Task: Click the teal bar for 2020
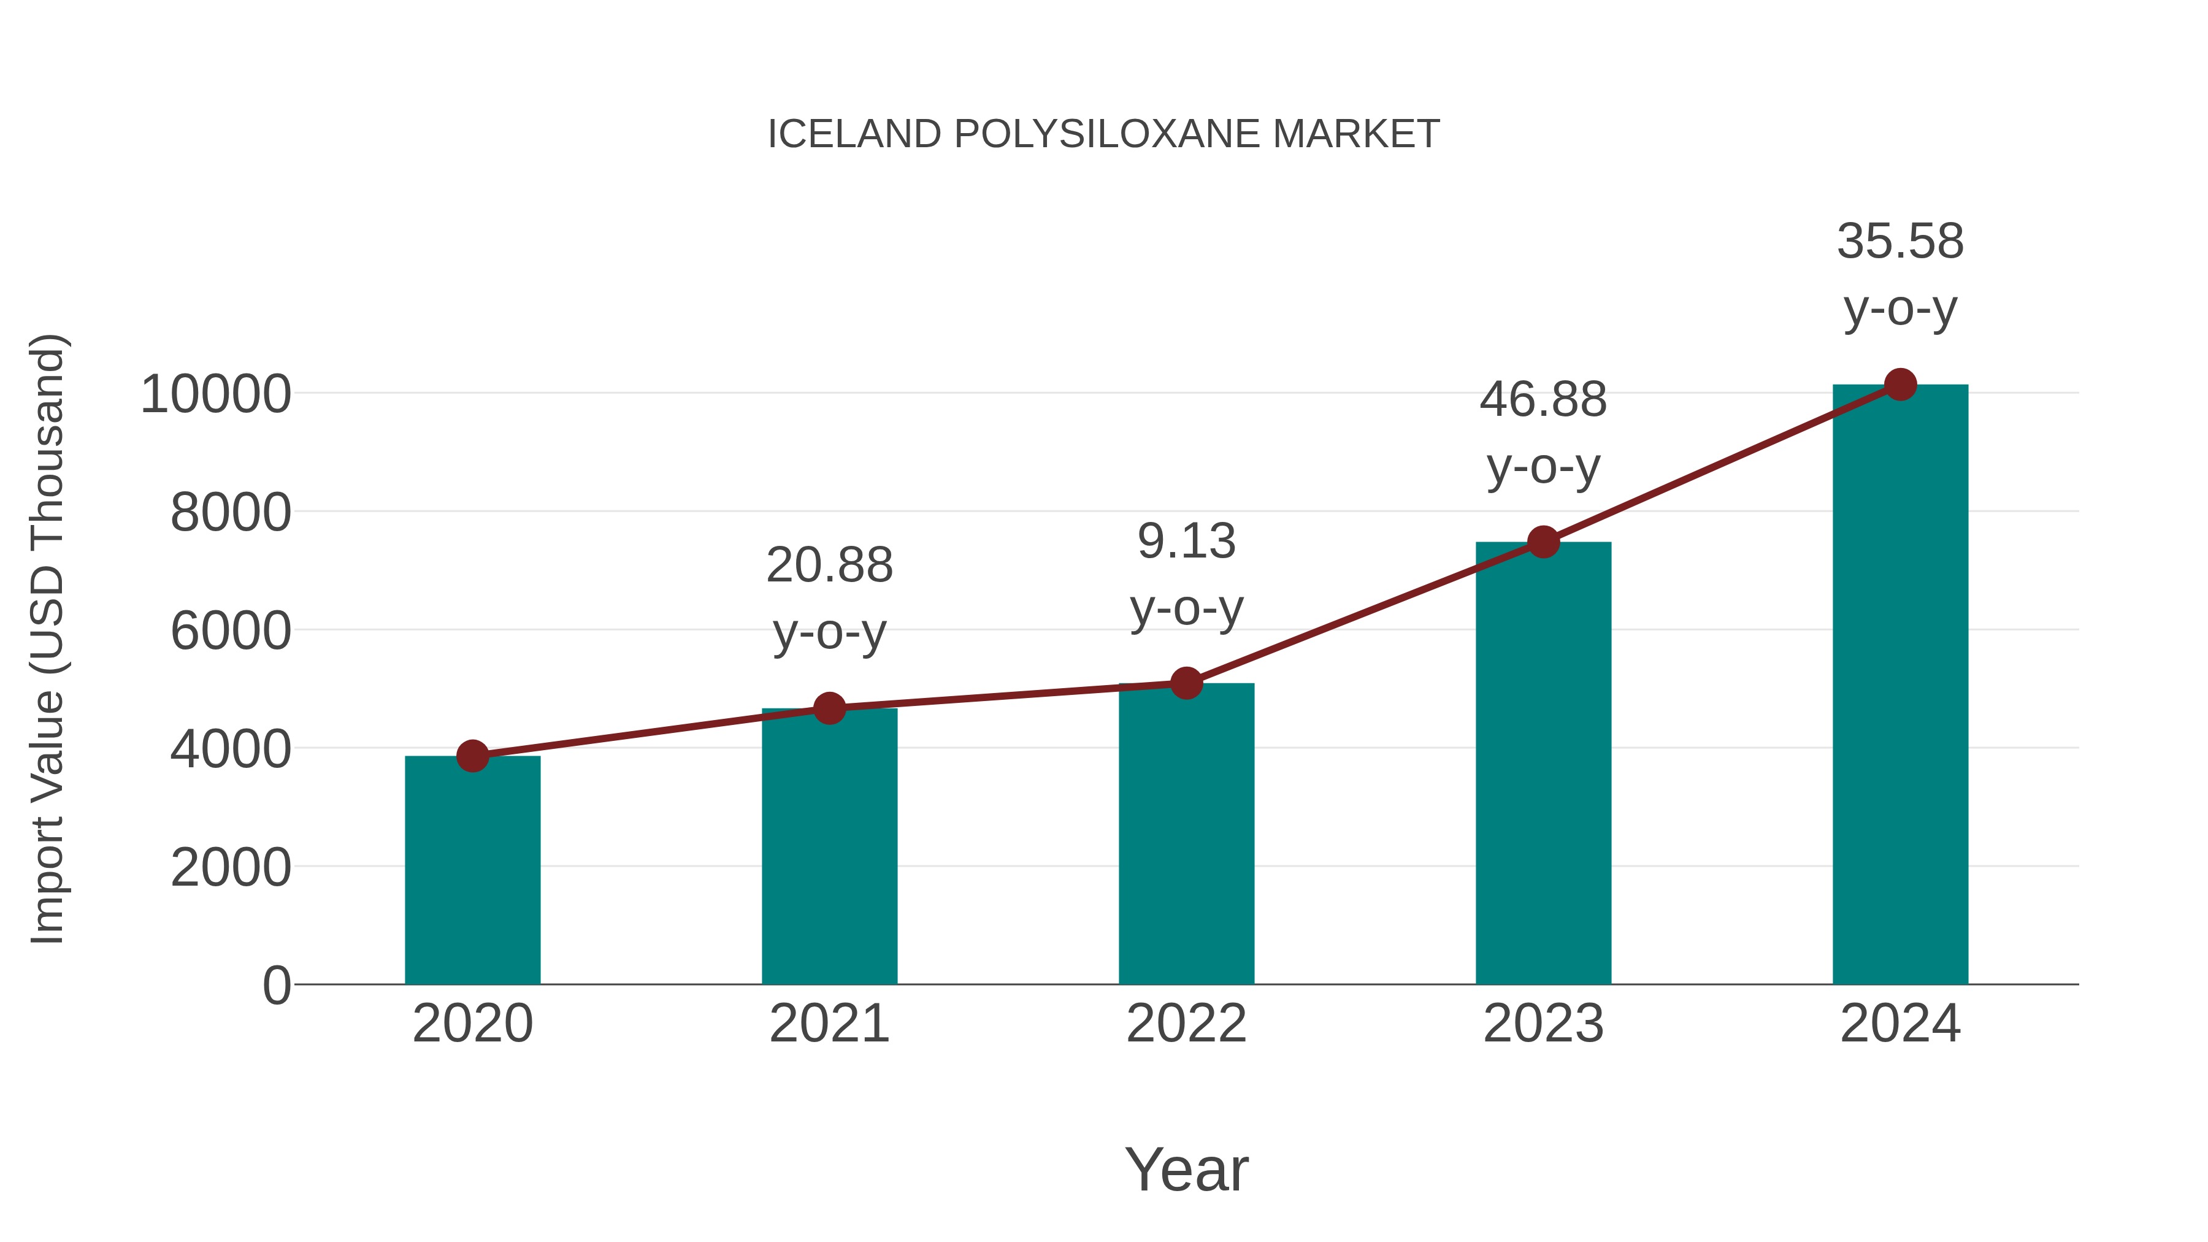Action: click(x=472, y=870)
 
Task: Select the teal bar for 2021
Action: click(x=829, y=846)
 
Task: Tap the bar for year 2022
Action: click(x=1186, y=833)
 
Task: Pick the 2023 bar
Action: click(x=1543, y=763)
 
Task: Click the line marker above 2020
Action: click(x=472, y=756)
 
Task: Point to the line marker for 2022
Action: click(x=1186, y=683)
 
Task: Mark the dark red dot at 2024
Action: click(x=1900, y=385)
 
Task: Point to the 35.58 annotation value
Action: click(x=1900, y=242)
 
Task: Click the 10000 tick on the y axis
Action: click(x=215, y=394)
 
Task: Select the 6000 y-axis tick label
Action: click(x=231, y=631)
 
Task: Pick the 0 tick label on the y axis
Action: click(x=276, y=985)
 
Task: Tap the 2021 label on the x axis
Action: click(x=829, y=1024)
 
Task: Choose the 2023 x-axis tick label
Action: click(x=1543, y=1024)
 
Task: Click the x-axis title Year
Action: click(x=1186, y=1169)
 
